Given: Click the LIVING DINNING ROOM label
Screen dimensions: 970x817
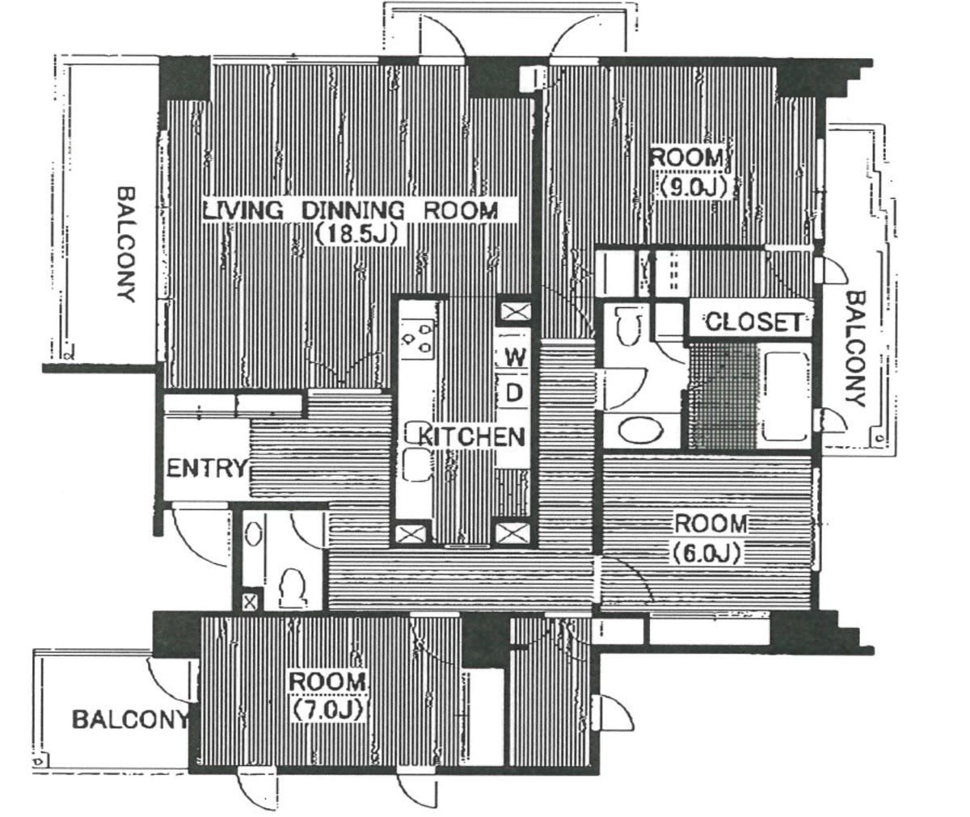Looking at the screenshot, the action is (x=351, y=212).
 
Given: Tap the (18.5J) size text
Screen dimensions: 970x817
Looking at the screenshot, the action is (x=356, y=234).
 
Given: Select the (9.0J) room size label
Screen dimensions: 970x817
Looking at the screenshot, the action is (x=693, y=187).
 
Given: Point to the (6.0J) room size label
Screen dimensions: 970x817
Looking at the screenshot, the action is (x=706, y=554).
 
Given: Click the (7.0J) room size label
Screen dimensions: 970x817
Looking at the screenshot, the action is (x=327, y=710).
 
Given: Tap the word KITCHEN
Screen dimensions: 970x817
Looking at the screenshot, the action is (x=471, y=436).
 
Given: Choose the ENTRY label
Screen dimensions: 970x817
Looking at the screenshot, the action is (x=206, y=468).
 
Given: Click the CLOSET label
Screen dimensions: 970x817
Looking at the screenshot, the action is (x=753, y=322).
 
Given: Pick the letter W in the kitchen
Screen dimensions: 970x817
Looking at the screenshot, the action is (x=515, y=358).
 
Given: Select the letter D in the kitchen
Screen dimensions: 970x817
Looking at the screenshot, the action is (x=514, y=393).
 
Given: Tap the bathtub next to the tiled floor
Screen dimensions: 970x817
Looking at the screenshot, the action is (x=786, y=397).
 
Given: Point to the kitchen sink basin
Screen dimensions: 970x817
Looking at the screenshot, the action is (x=416, y=465).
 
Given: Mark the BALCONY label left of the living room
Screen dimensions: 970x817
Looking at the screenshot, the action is (x=126, y=245).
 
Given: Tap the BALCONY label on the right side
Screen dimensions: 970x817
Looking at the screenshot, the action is (x=855, y=349).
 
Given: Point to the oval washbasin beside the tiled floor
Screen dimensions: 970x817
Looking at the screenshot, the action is (x=641, y=429).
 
